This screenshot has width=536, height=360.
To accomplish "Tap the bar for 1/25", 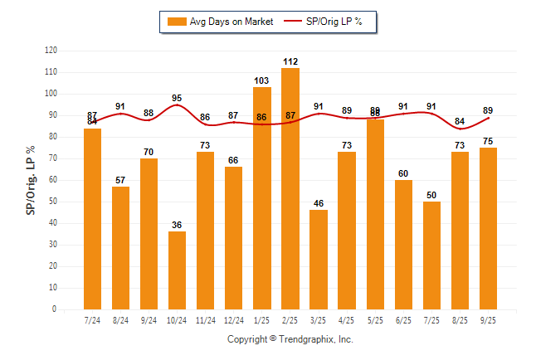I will (x=262, y=198).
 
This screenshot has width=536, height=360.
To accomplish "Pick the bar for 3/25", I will (x=319, y=259).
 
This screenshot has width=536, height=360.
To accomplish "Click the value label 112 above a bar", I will (x=290, y=61).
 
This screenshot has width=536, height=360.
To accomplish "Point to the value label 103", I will (x=262, y=80).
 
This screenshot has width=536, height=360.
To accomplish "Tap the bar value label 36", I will (x=178, y=225).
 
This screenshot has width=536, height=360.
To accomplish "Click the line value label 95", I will (x=178, y=98).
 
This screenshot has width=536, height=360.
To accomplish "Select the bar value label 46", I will (x=319, y=203).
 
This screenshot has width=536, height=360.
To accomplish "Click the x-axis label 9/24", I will (x=149, y=320).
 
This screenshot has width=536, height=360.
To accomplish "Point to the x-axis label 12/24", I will (x=234, y=320).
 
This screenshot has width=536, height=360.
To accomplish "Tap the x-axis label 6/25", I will (x=403, y=320).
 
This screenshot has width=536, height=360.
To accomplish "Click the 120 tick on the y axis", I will (x=51, y=51).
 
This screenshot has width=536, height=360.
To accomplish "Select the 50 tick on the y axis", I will (x=53, y=202).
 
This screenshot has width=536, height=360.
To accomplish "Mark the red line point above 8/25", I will (x=460, y=129).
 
